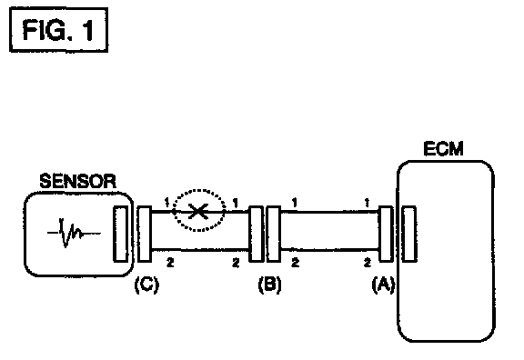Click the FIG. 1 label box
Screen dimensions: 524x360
(x=58, y=30)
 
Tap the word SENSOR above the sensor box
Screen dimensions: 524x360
(x=78, y=181)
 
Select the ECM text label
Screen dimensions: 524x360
(x=443, y=149)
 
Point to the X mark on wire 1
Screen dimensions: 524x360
(x=198, y=212)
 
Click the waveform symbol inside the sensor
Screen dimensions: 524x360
(x=74, y=233)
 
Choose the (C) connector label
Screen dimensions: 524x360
(x=146, y=285)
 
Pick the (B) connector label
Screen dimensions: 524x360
(x=269, y=285)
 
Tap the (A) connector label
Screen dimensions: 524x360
(x=383, y=285)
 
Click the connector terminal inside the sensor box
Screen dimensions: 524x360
(x=121, y=234)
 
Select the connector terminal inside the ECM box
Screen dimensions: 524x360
(x=408, y=234)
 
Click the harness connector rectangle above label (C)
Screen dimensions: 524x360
(x=145, y=234)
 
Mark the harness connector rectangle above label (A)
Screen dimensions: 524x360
(x=386, y=234)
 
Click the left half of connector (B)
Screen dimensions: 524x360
(x=256, y=234)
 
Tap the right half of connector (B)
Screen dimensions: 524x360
(x=273, y=234)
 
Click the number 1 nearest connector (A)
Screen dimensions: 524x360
(x=367, y=203)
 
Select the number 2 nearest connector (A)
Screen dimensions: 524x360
(x=368, y=263)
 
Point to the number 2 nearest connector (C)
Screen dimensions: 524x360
(x=170, y=263)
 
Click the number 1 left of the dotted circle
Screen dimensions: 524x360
(x=167, y=202)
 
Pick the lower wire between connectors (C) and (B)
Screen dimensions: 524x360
(x=200, y=249)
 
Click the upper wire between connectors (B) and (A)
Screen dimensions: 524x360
(x=329, y=212)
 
